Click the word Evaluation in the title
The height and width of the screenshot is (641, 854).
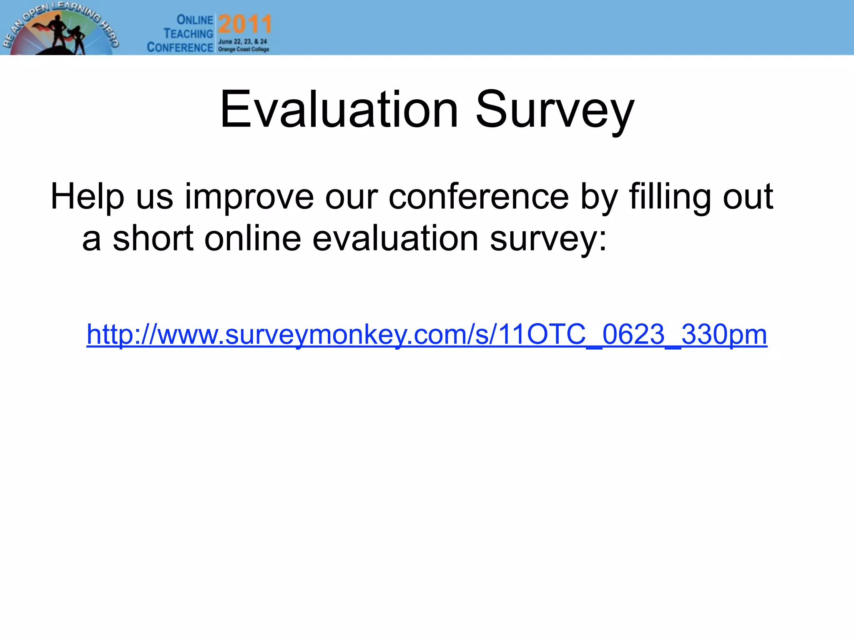tap(339, 110)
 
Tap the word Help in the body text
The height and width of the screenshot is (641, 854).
tap(87, 197)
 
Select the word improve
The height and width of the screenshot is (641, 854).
tap(249, 197)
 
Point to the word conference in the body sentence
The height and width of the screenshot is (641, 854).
tap(478, 197)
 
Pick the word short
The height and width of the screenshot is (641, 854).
tap(153, 238)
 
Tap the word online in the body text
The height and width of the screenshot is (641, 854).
tap(252, 238)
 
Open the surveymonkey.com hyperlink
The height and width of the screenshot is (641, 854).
tap(427, 335)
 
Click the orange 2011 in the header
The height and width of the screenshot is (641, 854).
tap(245, 24)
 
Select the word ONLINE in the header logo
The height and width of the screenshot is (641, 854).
tap(195, 20)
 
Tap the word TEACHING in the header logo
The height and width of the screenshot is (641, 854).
tap(188, 33)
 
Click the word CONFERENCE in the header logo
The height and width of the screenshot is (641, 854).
tap(180, 47)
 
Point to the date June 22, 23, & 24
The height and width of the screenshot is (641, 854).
tap(242, 42)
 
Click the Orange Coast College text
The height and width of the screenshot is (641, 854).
tap(244, 49)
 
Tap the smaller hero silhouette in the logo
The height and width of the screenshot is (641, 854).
tap(78, 40)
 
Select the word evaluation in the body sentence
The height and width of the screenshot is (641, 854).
tap(395, 238)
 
